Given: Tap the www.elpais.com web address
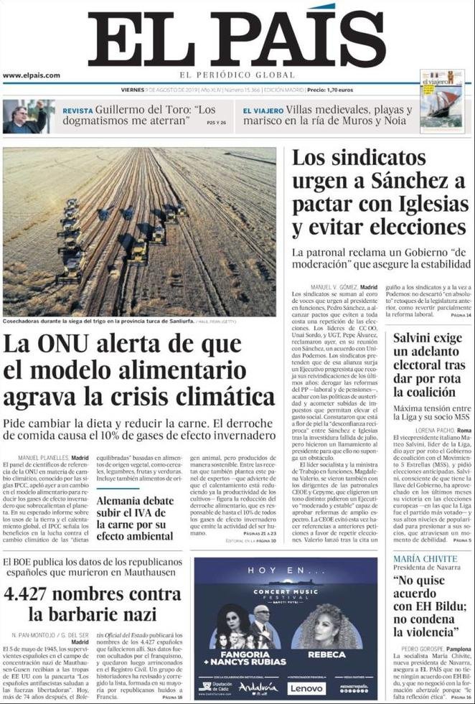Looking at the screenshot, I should [32, 75].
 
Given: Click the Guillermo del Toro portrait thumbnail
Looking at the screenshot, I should [28, 116].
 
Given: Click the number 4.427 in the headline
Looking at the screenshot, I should [40, 594].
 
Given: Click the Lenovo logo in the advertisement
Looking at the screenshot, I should [306, 687].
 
